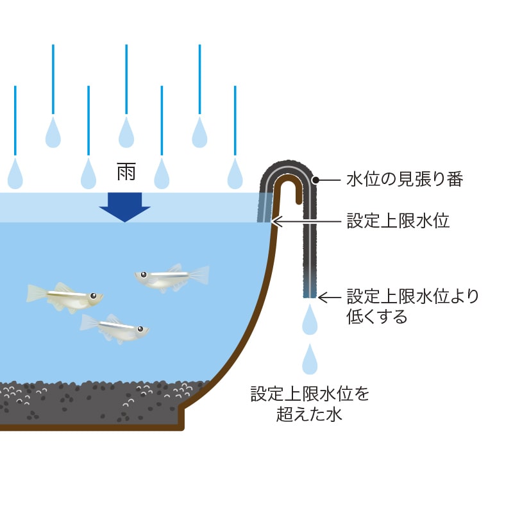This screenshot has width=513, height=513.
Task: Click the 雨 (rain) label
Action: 126,171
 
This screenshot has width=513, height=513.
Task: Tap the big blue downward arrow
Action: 125,206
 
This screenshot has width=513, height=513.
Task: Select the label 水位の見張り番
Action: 404,180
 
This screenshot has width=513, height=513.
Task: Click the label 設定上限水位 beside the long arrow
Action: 398,221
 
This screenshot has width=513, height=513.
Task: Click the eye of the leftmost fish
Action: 94,296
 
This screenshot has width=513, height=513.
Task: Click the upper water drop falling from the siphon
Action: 310,320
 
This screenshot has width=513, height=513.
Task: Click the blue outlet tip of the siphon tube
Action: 310,293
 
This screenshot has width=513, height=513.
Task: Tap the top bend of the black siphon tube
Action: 292,168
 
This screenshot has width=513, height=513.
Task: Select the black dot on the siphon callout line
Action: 317,180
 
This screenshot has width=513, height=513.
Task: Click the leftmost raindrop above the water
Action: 15,173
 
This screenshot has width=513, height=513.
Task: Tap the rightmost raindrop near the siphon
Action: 235,173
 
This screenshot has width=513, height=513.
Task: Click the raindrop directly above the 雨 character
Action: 126,133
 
